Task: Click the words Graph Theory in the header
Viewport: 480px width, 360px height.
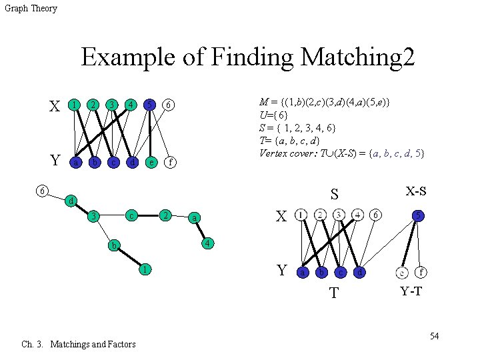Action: coord(31,9)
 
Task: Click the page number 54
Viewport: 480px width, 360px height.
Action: coord(434,335)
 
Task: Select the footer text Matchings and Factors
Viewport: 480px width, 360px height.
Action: coord(93,344)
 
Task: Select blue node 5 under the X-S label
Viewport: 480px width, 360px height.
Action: coord(417,215)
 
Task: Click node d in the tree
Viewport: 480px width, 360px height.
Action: coord(71,201)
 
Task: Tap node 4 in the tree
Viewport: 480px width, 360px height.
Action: coord(208,243)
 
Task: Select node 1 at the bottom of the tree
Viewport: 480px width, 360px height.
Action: coord(144,270)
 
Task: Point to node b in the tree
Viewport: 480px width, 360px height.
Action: coord(115,245)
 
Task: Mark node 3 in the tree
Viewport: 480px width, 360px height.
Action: coord(96,216)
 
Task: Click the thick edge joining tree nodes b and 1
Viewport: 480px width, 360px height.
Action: coord(129,258)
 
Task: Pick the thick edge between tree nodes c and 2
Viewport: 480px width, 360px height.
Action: coord(149,215)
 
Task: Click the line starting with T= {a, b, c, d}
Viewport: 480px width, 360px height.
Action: coord(289,141)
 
